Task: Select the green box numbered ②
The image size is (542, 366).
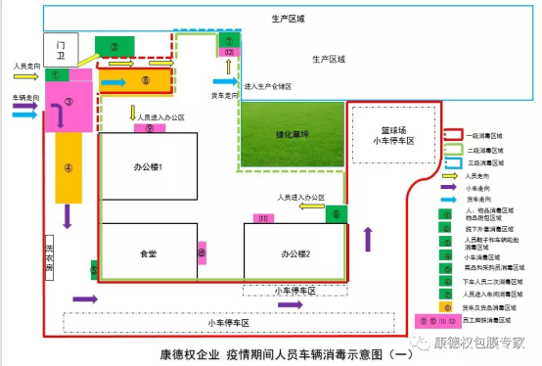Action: tap(114, 46)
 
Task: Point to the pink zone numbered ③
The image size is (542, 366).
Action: tap(68, 102)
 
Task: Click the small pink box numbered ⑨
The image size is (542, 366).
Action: tap(149, 127)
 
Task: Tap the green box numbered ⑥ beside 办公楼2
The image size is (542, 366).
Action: tap(336, 214)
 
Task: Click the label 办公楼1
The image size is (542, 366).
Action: tap(147, 168)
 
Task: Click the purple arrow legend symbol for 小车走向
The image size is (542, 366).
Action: tap(452, 185)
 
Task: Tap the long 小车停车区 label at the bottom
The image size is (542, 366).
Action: tap(228, 322)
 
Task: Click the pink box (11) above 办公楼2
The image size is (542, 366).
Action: tap(263, 217)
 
